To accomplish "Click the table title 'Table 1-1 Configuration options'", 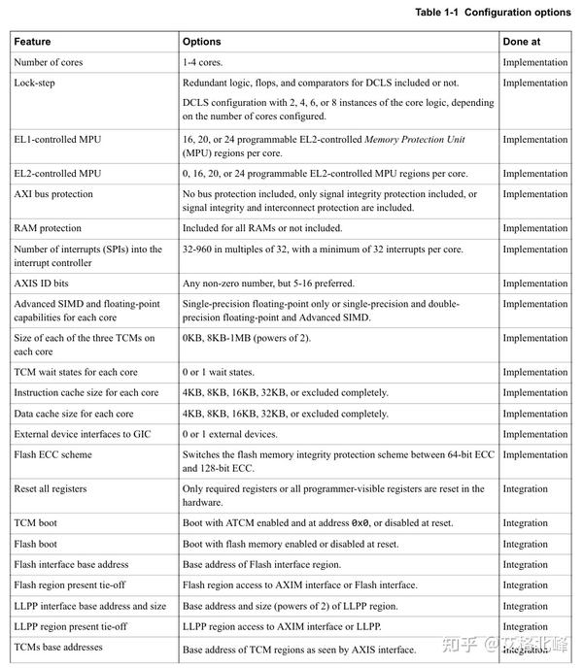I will click(493, 12).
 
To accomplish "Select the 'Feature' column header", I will click(33, 42).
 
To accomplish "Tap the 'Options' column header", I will click(202, 42).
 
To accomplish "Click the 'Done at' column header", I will click(522, 42).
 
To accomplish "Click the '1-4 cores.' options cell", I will click(207, 63).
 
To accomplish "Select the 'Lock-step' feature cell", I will click(34, 83).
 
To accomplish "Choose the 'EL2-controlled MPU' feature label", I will click(57, 174).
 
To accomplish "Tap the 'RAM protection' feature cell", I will click(48, 228).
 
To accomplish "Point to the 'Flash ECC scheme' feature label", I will click(53, 454).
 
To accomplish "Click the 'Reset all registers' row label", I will click(53, 488).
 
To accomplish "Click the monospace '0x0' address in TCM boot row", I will click(360, 523).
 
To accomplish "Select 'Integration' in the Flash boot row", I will click(526, 544).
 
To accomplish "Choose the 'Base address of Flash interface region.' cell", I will click(273, 564).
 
